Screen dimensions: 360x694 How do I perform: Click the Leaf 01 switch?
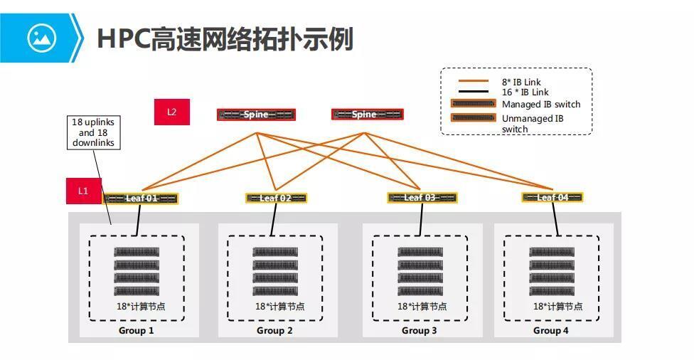point(140,198)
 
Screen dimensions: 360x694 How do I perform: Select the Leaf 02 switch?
point(276,198)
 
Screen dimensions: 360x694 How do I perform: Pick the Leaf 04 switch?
point(552,197)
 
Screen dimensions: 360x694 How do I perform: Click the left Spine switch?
point(256,115)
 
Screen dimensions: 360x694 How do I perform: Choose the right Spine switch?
point(367,114)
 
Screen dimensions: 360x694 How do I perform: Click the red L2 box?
point(171,112)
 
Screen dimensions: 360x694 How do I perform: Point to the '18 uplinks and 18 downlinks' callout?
point(93,132)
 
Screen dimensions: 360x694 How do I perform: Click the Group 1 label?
point(136,331)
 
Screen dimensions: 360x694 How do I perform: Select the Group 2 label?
point(274,331)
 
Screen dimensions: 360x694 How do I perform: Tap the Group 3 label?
point(420,331)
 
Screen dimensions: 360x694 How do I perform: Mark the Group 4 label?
point(551,331)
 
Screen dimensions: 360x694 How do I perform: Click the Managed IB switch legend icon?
point(473,104)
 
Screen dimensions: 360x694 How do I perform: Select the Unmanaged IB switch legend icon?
point(473,118)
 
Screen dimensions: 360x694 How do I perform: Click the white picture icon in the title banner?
point(41,37)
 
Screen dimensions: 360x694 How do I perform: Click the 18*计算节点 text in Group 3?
point(422,307)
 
